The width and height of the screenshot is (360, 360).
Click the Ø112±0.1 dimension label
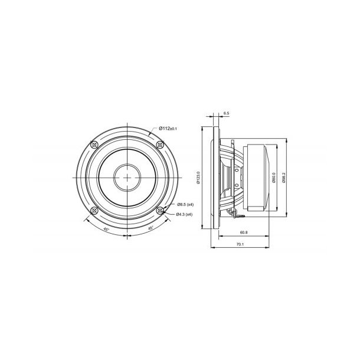[x=168, y=127]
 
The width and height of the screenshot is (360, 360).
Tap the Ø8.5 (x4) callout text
[x=186, y=204]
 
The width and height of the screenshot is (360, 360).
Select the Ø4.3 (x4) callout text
[x=186, y=214]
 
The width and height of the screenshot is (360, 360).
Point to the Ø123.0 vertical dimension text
[x=199, y=178]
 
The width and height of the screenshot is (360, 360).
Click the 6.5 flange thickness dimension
[x=227, y=113]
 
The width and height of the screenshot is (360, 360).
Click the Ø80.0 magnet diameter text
[x=275, y=178]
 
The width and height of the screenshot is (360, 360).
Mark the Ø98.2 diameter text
[x=284, y=178]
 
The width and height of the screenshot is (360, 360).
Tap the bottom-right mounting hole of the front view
[x=161, y=210]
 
